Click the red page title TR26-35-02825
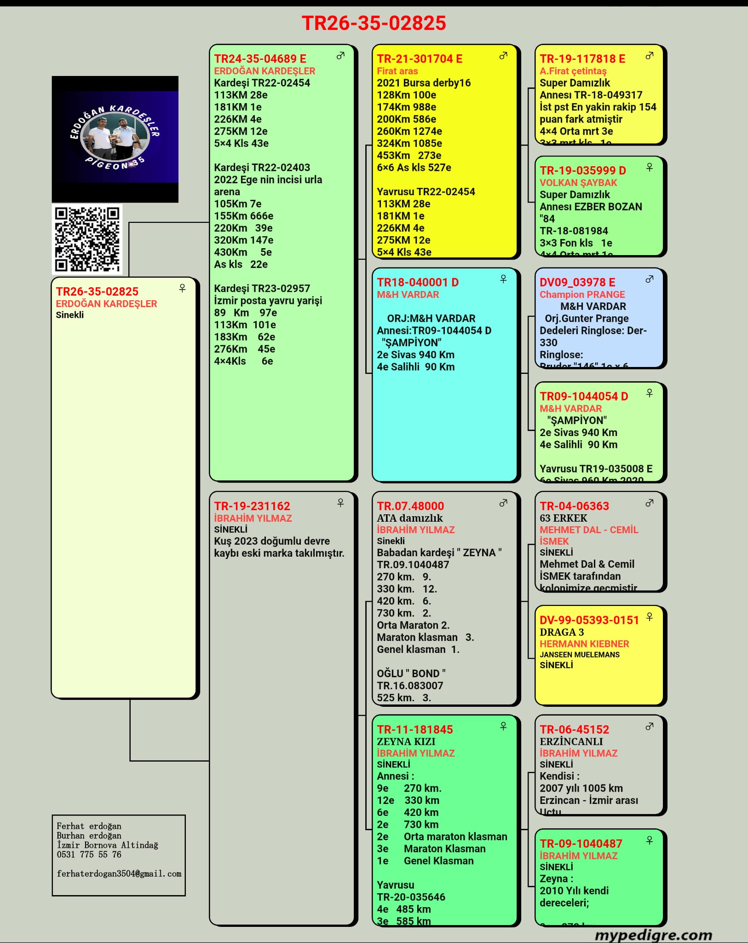point(374,23)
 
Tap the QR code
point(87,239)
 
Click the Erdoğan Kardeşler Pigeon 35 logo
point(115,139)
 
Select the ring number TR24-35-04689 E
point(260,59)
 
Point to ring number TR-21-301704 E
point(420,59)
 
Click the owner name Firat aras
point(397,71)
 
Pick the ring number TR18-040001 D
point(418,282)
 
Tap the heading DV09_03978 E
point(577,282)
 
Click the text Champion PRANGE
point(582,294)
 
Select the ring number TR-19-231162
point(252,506)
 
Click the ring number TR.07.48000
point(410,506)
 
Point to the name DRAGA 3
point(562,632)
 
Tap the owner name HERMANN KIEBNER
point(584,644)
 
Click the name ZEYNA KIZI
point(406,741)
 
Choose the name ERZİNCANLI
point(571,741)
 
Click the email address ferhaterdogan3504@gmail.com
point(119,873)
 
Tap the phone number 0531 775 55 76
point(89,855)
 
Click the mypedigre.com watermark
point(653,935)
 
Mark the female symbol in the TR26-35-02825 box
point(182,288)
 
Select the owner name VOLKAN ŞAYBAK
point(578,182)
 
